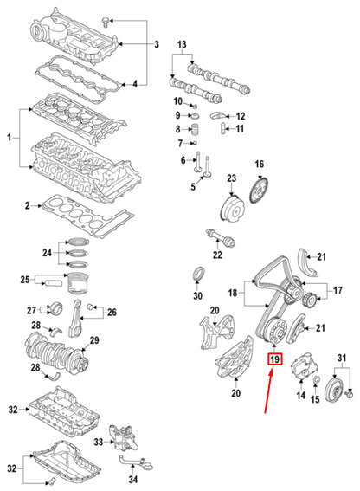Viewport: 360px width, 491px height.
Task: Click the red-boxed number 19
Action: click(274, 359)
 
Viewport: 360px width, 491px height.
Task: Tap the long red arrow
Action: click(269, 391)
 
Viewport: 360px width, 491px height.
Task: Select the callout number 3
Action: click(157, 44)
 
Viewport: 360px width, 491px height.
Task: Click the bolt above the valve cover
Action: click(106, 22)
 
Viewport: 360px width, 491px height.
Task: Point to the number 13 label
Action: click(182, 44)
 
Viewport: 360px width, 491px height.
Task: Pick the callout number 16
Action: click(260, 164)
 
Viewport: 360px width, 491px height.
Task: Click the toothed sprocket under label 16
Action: click(260, 190)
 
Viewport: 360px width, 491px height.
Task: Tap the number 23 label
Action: click(231, 178)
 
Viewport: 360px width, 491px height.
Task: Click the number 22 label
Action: click(217, 255)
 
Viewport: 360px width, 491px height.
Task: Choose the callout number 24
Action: click(47, 252)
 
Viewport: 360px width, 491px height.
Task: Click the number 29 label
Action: click(94, 340)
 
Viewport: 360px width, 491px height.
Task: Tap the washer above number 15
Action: click(316, 380)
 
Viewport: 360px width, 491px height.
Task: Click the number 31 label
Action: click(342, 358)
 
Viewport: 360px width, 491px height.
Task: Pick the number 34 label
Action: click(132, 479)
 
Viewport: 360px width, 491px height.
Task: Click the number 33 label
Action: click(99, 443)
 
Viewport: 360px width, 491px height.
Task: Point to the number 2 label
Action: click(27, 206)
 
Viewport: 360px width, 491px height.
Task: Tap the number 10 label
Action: click(177, 101)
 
